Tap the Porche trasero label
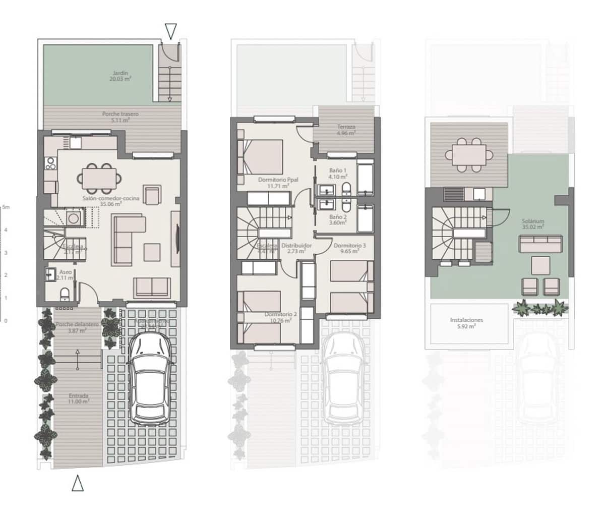click(120, 117)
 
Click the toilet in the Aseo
click(65, 293)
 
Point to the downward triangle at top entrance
click(171, 31)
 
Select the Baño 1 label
click(338, 174)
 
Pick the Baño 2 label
click(338, 219)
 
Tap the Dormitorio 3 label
click(350, 248)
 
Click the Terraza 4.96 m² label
click(346, 131)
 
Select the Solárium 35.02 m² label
click(533, 224)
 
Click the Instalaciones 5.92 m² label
click(467, 323)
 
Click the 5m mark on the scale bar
click(6, 207)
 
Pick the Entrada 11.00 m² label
click(79, 398)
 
